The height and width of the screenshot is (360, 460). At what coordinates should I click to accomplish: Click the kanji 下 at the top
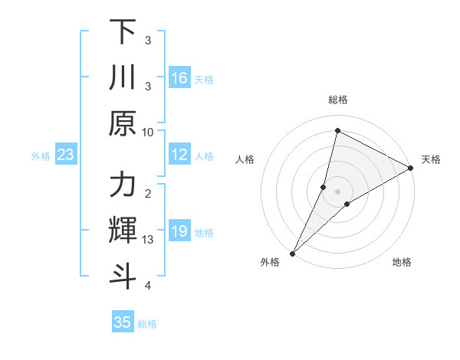[123, 33]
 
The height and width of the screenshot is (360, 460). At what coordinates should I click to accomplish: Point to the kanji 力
[123, 185]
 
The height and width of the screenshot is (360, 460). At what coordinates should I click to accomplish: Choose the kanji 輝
[123, 230]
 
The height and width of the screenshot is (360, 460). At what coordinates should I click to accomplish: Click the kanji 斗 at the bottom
[123, 275]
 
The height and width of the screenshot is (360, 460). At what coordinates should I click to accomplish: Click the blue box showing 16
[179, 78]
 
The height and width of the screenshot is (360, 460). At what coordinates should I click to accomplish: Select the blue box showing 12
[179, 155]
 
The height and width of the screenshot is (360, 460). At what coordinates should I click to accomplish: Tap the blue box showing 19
[179, 232]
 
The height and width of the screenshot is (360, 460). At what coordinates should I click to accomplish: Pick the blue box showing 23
[66, 155]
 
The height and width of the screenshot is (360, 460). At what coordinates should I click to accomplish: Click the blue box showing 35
[123, 322]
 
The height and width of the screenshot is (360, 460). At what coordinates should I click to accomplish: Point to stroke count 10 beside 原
[149, 132]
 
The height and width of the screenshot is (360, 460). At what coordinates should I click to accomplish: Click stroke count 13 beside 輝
[149, 240]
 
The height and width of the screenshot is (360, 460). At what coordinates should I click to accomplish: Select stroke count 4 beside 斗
[148, 285]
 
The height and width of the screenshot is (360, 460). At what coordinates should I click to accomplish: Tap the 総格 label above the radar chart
[337, 100]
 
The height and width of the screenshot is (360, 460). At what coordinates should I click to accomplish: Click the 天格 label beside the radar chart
[431, 159]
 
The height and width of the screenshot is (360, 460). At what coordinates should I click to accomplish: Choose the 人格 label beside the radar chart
[245, 159]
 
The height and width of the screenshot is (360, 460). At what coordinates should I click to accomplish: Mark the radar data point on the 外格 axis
[292, 253]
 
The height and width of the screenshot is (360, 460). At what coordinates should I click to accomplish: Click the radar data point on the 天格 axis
[411, 168]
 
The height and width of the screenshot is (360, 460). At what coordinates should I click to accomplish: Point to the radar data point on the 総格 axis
[337, 130]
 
